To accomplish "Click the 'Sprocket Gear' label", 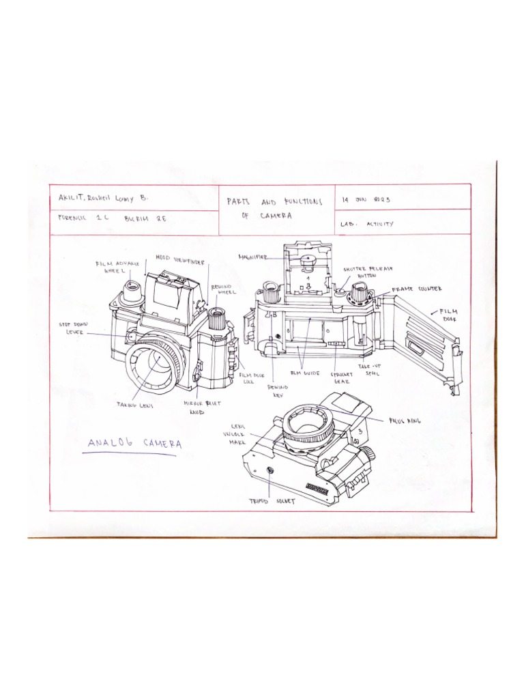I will coord(341,378).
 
